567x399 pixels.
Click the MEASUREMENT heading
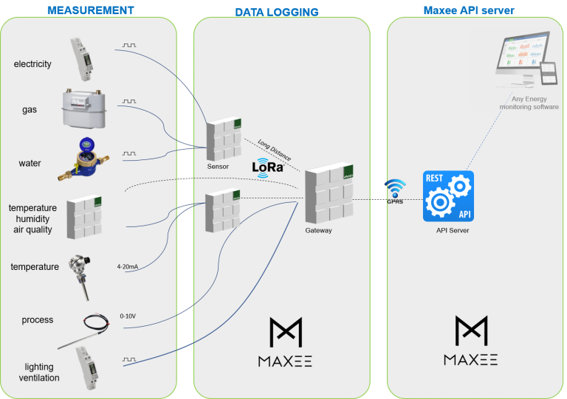(x=90, y=10)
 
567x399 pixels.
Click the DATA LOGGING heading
(x=277, y=13)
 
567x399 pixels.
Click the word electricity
(x=32, y=64)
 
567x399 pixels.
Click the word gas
(x=30, y=110)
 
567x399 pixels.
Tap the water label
(x=30, y=163)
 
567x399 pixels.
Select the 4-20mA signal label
(x=127, y=266)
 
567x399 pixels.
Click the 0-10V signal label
(x=128, y=316)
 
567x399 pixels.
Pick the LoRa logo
(x=269, y=167)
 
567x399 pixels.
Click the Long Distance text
(x=274, y=150)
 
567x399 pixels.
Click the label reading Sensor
(x=218, y=167)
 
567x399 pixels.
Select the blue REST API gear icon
(x=448, y=196)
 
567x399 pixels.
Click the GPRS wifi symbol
(x=395, y=188)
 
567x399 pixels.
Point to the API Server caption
(x=453, y=230)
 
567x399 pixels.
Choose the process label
(x=37, y=320)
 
